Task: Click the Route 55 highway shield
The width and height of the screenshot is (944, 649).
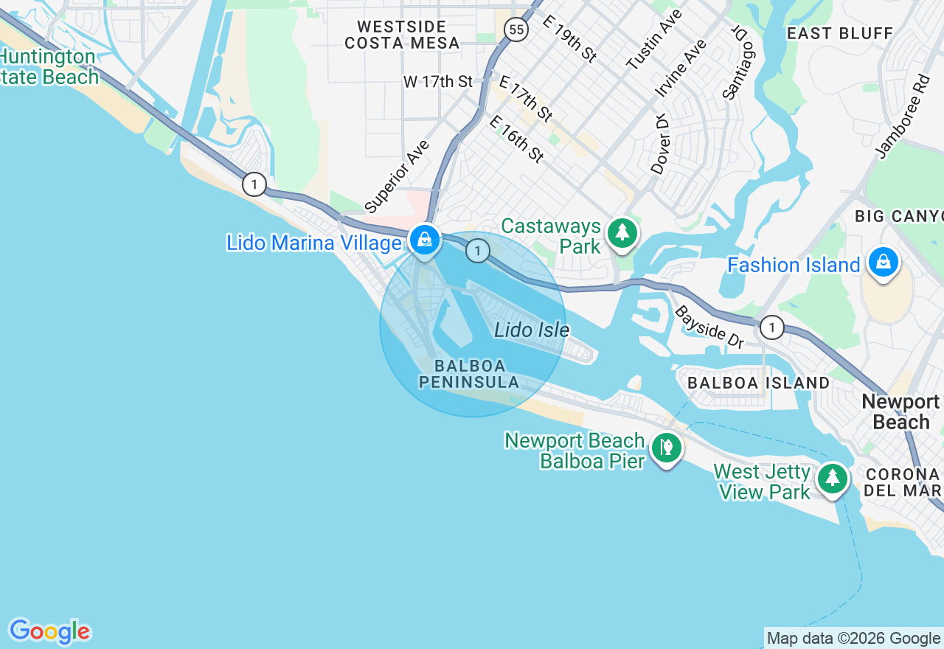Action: pos(516,29)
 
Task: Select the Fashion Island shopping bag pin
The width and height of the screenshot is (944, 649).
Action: pos(883,262)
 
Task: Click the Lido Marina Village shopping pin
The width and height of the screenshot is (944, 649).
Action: pos(425,240)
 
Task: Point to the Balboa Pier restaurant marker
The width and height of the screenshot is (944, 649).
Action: pos(666,447)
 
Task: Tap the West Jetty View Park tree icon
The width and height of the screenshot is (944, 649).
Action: pos(833,479)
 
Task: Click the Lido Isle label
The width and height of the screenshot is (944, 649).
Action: pos(531,330)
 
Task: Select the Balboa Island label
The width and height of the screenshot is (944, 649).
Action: pos(758,383)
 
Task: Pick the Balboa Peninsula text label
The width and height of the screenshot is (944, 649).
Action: pos(469,374)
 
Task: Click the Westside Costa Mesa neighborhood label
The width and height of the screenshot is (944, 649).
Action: pos(402,35)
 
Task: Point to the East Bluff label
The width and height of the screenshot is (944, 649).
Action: pos(839,33)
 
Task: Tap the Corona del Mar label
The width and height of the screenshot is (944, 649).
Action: pos(903,482)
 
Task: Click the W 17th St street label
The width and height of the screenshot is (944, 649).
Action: pos(437,81)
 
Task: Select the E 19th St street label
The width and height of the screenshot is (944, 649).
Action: pos(569,38)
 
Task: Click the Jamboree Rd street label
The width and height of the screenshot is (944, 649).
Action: pos(902,116)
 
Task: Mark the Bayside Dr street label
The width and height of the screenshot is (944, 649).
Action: pos(709,327)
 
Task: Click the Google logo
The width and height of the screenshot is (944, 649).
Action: pos(49,631)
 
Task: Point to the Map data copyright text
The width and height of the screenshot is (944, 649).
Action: pos(853,638)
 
